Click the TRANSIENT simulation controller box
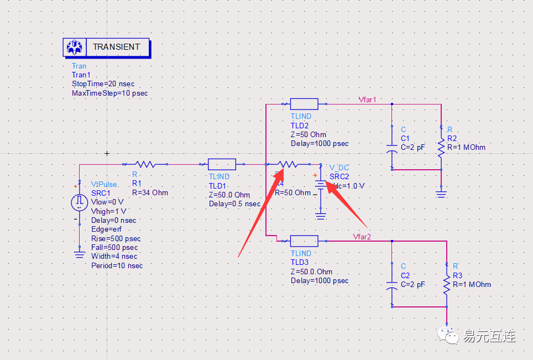(x=106, y=47)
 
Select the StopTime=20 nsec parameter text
(x=103, y=84)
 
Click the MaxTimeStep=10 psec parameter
(x=109, y=93)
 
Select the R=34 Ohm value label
(x=150, y=192)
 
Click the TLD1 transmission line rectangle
(x=222, y=164)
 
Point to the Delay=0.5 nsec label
(x=234, y=204)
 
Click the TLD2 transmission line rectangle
(x=304, y=104)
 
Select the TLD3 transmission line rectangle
(x=304, y=241)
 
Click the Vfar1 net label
(x=367, y=100)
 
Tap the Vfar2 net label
(x=362, y=237)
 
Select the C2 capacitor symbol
(x=391, y=288)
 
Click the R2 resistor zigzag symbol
(x=441, y=147)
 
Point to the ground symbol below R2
(x=441, y=194)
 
